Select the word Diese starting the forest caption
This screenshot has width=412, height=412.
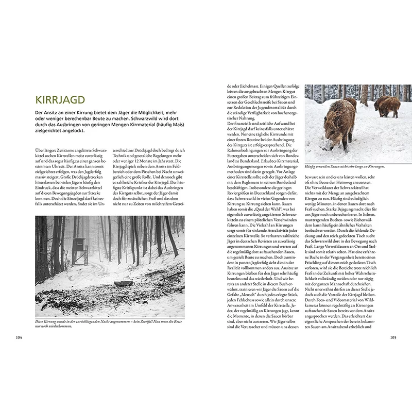pos(41,322)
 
